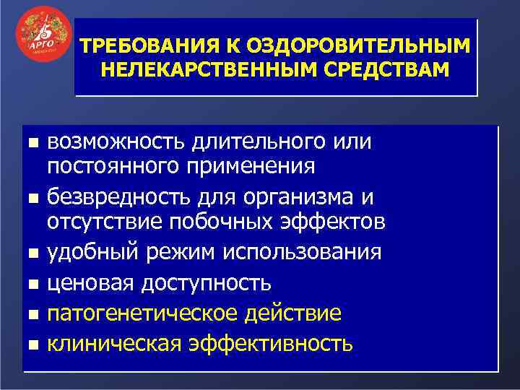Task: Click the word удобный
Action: click(x=90, y=253)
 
